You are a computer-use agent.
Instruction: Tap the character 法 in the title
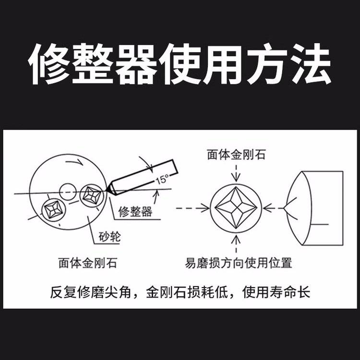tap(312, 64)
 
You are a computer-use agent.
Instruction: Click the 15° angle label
tap(162, 179)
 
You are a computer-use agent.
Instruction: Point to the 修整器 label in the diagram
tap(135, 212)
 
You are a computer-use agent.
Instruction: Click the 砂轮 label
tap(110, 237)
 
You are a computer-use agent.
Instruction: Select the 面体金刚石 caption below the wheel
tap(88, 263)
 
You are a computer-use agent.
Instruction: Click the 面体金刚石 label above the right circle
tap(236, 155)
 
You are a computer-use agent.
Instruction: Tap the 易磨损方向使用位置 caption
tap(238, 263)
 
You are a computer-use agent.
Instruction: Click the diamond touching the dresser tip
tap(92, 196)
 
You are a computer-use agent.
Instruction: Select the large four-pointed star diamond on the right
tap(236, 208)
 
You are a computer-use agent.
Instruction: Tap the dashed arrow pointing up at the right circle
tap(236, 244)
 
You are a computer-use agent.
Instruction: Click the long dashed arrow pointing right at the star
tap(192, 208)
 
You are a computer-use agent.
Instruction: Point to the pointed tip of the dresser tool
tap(106, 190)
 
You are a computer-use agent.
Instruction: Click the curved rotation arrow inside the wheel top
tap(74, 162)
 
